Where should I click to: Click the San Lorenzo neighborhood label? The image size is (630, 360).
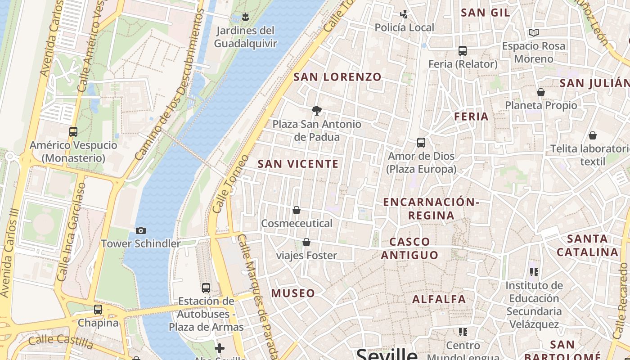337,77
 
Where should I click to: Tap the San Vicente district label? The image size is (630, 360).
298,164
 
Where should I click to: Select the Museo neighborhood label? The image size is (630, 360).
293,293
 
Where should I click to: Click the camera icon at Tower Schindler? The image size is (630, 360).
141,231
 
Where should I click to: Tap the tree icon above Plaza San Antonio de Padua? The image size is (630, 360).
317,111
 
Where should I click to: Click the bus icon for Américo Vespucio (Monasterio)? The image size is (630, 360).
73,132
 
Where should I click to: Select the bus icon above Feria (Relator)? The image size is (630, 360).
463,51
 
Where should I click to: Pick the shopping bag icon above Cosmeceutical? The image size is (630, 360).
297,210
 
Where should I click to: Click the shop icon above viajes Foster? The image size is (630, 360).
306,243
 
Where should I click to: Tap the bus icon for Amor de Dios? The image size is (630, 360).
421,143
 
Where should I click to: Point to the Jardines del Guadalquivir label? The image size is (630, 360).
245,37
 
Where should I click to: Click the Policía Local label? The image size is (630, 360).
405,27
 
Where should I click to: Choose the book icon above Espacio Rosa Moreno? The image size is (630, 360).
534,33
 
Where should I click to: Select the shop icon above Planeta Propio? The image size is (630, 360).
541,92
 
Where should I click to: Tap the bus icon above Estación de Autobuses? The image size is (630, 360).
206,288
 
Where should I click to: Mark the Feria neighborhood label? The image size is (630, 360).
471,117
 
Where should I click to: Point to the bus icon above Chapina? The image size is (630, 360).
98,310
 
